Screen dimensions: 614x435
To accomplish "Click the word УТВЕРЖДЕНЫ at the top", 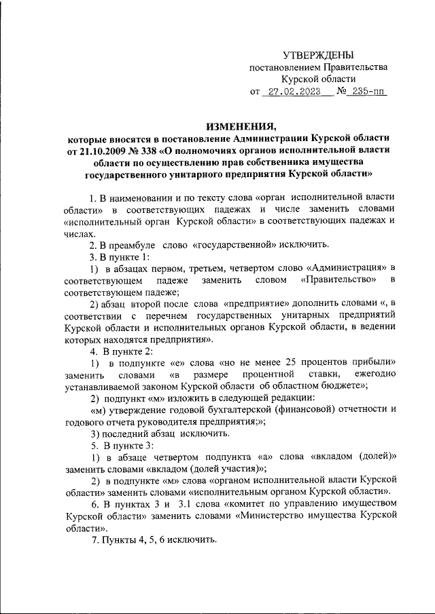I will (x=318, y=55).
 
